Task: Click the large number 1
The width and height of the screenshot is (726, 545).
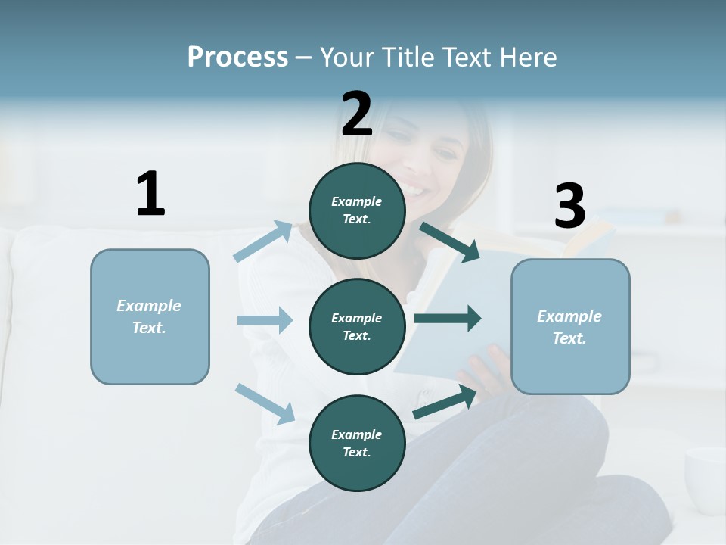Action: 150,194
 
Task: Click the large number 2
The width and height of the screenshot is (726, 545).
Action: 357,114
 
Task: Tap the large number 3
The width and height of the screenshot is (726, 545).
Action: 569,206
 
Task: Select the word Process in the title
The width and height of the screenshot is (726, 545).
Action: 237,57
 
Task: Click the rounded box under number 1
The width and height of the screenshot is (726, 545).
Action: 150,316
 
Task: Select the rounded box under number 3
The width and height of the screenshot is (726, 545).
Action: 570,326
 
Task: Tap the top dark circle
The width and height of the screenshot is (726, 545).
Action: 357,210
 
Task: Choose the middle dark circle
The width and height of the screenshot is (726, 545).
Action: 357,326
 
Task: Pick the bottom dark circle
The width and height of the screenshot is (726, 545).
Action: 357,443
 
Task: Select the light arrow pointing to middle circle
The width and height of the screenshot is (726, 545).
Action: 265,320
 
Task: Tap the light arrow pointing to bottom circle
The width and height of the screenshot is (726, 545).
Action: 265,403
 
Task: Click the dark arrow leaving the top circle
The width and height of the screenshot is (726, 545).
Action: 450,241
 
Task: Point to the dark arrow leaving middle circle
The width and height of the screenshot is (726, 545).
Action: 448,319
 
